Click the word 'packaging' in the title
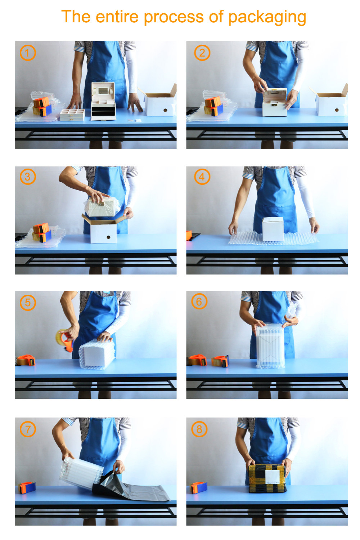[267, 17]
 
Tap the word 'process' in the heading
[174, 17]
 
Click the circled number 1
[28, 53]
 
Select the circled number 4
[202, 177]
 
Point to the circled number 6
[199, 301]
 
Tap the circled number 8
[199, 429]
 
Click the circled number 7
[28, 429]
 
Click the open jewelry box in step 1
[103, 101]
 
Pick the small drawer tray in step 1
[72, 115]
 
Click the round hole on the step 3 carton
[108, 237]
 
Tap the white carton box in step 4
[273, 229]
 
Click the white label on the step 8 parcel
[273, 476]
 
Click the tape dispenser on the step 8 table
[199, 488]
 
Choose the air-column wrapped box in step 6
[270, 345]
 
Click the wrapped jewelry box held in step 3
[102, 207]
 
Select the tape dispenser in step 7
[27, 488]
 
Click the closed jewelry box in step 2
[275, 102]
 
